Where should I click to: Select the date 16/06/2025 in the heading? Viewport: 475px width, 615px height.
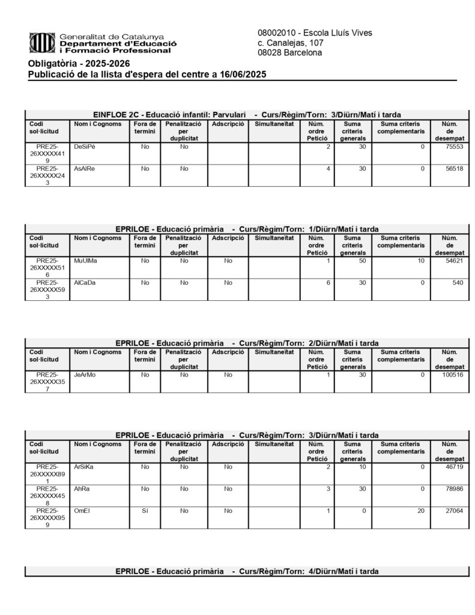[245, 74]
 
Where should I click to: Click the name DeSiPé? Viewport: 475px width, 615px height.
[85, 147]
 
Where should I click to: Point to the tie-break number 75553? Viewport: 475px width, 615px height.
[452, 147]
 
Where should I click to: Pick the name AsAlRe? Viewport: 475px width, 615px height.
[85, 169]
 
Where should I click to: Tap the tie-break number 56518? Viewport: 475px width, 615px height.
[452, 169]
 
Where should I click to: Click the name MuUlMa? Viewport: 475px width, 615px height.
[85, 261]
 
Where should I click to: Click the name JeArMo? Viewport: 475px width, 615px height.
[85, 375]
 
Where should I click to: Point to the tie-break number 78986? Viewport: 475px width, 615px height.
[452, 489]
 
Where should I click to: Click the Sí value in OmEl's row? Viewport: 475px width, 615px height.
[144, 510]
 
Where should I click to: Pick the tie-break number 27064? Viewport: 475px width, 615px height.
[452, 510]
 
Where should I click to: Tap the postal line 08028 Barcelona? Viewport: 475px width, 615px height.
[289, 53]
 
